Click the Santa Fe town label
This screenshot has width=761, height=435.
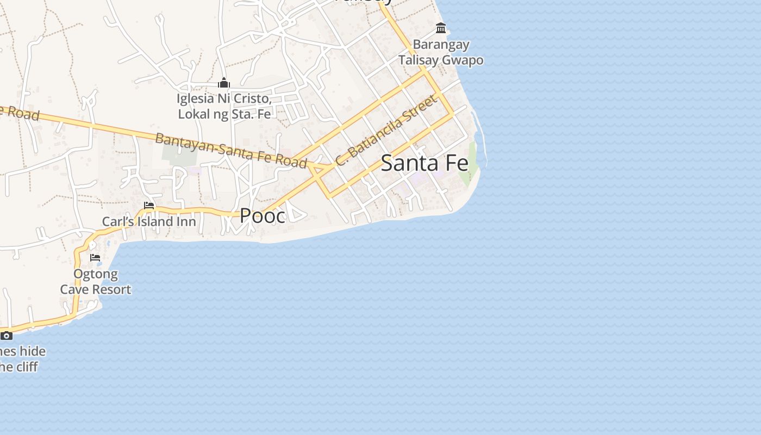click(x=425, y=163)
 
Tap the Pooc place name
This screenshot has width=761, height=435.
click(x=263, y=216)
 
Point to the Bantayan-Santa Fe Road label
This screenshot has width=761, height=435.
click(x=231, y=150)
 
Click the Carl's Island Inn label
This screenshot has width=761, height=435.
click(x=149, y=222)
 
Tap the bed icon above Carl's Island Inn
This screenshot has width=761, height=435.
click(x=149, y=206)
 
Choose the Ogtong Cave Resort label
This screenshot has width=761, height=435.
click(x=96, y=282)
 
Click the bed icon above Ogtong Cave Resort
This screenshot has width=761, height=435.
click(x=96, y=258)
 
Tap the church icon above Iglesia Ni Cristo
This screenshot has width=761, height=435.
click(x=224, y=83)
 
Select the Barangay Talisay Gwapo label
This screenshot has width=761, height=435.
click(x=441, y=52)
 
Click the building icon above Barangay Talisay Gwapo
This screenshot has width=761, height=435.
click(x=441, y=28)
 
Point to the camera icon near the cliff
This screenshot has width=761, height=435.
click(x=6, y=335)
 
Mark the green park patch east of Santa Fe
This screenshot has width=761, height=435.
click(x=469, y=166)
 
